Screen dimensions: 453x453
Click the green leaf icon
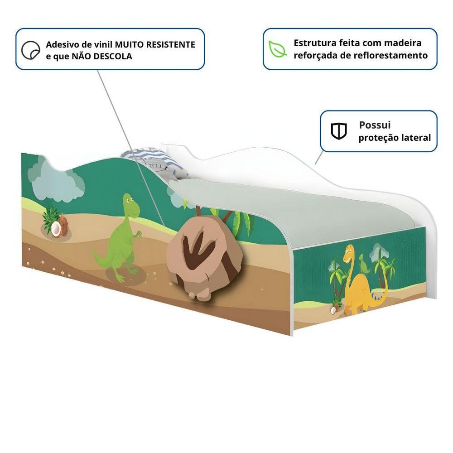(x=278, y=49)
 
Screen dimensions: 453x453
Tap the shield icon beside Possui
(x=338, y=131)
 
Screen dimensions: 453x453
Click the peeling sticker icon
(x=31, y=50)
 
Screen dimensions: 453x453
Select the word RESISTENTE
(x=170, y=44)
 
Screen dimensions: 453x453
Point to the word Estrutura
(x=315, y=43)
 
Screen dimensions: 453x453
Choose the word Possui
(x=375, y=125)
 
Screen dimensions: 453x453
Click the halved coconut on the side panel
(x=56, y=229)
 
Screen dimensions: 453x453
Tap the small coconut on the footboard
(x=333, y=310)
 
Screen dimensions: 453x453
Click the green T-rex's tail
(x=101, y=258)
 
